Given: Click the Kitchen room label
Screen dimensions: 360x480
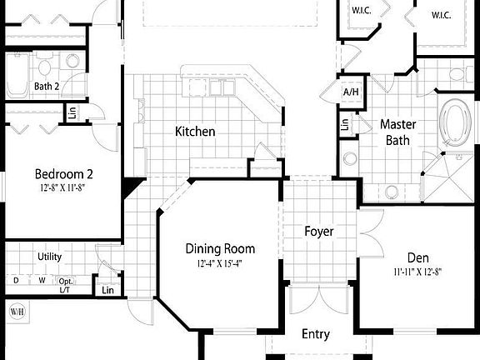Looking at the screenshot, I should pos(195,132).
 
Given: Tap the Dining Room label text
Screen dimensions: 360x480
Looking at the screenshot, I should pos(220,248).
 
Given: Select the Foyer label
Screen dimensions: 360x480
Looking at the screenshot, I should pos(319,231).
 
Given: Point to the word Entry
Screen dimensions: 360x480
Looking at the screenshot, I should pos(315,334).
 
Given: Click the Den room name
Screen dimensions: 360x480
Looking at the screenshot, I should pos(417,257).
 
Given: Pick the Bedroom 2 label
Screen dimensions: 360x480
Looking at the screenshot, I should pos(63,174).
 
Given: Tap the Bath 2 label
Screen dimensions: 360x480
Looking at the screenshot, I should pos(47,86).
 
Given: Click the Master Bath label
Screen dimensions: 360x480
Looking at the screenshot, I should pos(397,132).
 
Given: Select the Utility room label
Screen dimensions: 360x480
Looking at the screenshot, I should pos(49,257).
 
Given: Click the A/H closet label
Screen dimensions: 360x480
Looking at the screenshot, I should pos(349,92).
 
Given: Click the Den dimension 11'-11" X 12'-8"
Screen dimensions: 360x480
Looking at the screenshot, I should pos(417,271).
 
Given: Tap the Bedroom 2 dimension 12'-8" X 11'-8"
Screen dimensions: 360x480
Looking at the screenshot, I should pos(63,187).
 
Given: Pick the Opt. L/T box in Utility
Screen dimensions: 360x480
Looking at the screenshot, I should pos(65,285).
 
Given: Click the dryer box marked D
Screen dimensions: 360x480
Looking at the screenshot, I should pos(15,281).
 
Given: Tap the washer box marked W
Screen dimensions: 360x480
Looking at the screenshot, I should pos(39,281).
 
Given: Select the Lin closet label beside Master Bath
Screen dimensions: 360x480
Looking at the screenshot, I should pos(345,125).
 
